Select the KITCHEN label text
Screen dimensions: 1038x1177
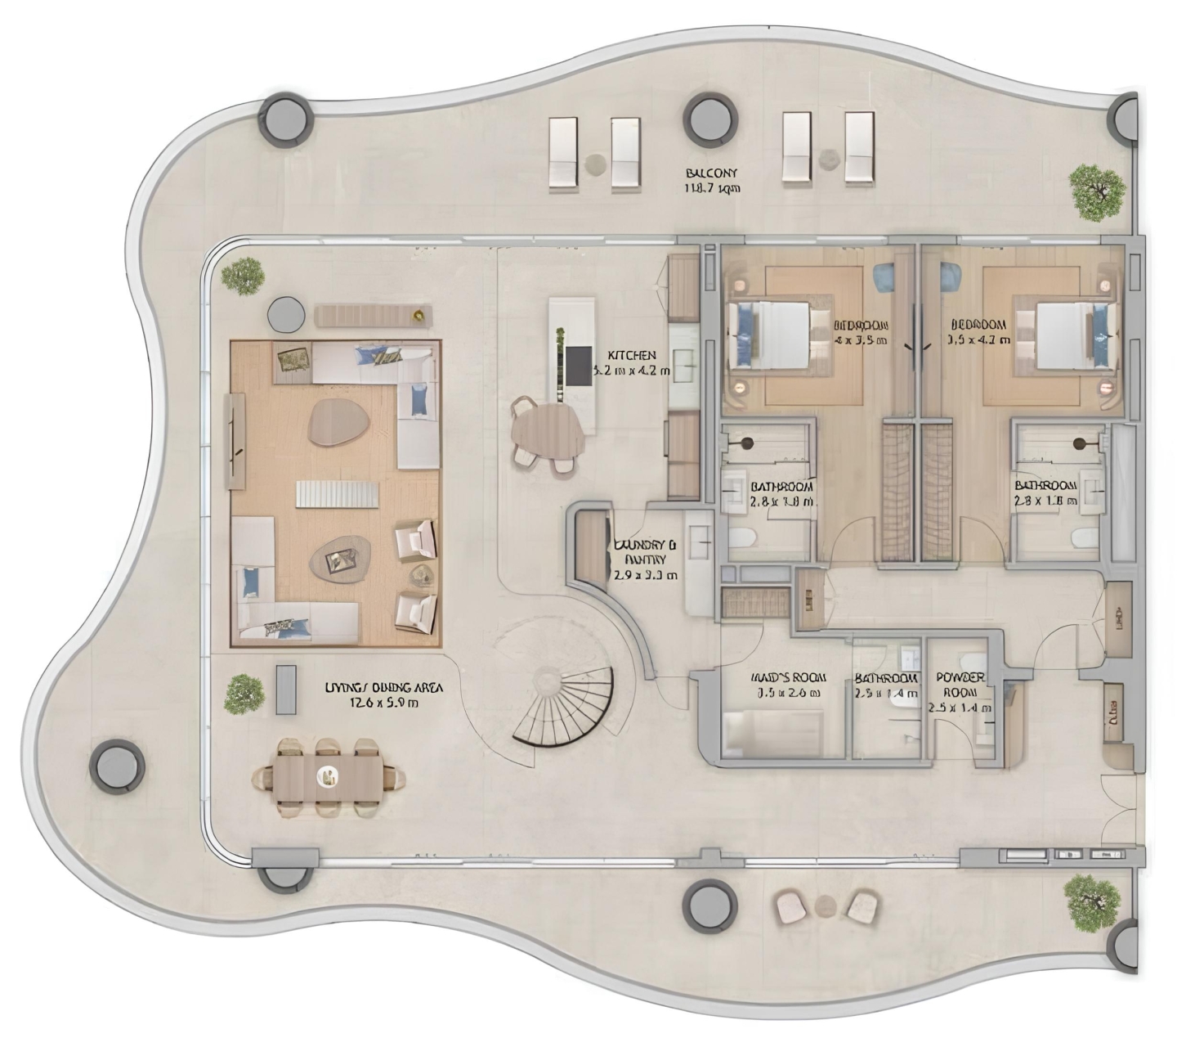pos(631,362)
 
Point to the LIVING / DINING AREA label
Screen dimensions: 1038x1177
pos(372,694)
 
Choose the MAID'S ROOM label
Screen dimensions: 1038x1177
pos(787,685)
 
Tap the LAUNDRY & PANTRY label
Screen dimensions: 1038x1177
pos(645,559)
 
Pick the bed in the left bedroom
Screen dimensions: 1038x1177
pos(772,335)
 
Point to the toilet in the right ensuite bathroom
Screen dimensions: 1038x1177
pos(1084,538)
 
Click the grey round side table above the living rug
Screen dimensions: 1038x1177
pos(286,313)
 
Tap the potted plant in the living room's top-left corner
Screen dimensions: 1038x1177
pos(243,276)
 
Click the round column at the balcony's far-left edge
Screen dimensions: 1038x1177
pos(116,764)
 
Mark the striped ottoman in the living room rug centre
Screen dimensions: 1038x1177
pos(337,494)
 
